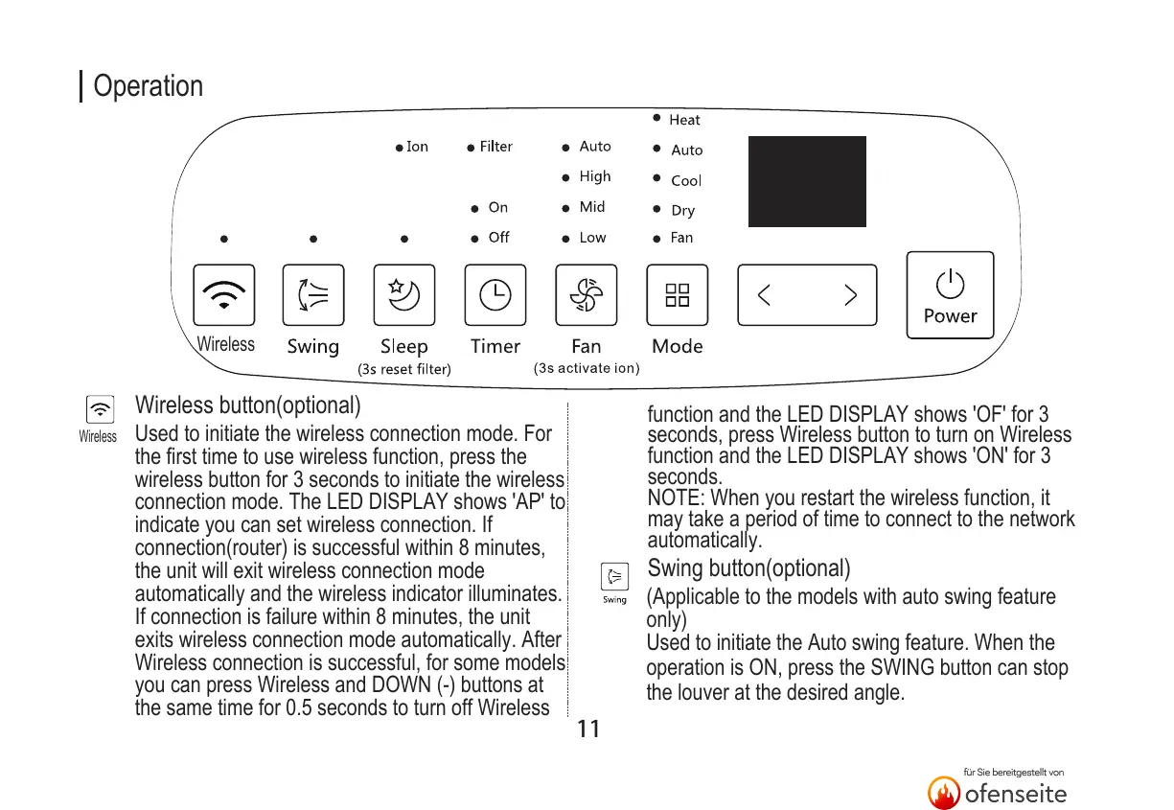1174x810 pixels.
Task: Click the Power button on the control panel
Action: [x=950, y=295]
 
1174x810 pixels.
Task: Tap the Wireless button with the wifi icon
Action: [x=224, y=295]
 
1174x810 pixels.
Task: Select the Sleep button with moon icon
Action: [x=403, y=295]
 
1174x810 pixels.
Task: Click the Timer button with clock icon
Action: [x=495, y=295]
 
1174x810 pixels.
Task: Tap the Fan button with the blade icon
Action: [x=586, y=295]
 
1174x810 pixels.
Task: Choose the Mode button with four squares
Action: [x=677, y=295]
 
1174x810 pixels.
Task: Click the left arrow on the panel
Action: [x=765, y=295]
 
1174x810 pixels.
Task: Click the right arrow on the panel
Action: [x=849, y=295]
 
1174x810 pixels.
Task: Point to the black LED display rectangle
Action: [x=807, y=181]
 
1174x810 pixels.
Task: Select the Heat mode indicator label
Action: [x=684, y=120]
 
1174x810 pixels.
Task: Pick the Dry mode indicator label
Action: [x=682, y=211]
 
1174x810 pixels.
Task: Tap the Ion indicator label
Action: [x=417, y=147]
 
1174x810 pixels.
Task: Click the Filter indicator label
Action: [x=495, y=147]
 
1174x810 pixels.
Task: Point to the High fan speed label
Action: [x=594, y=176]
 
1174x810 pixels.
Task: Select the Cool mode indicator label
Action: [x=686, y=180]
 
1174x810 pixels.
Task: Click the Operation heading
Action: [x=148, y=86]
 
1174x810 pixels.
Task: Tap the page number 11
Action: [x=588, y=729]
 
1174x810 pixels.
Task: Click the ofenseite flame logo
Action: [x=944, y=793]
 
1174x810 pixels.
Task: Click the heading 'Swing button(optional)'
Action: [x=749, y=568]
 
